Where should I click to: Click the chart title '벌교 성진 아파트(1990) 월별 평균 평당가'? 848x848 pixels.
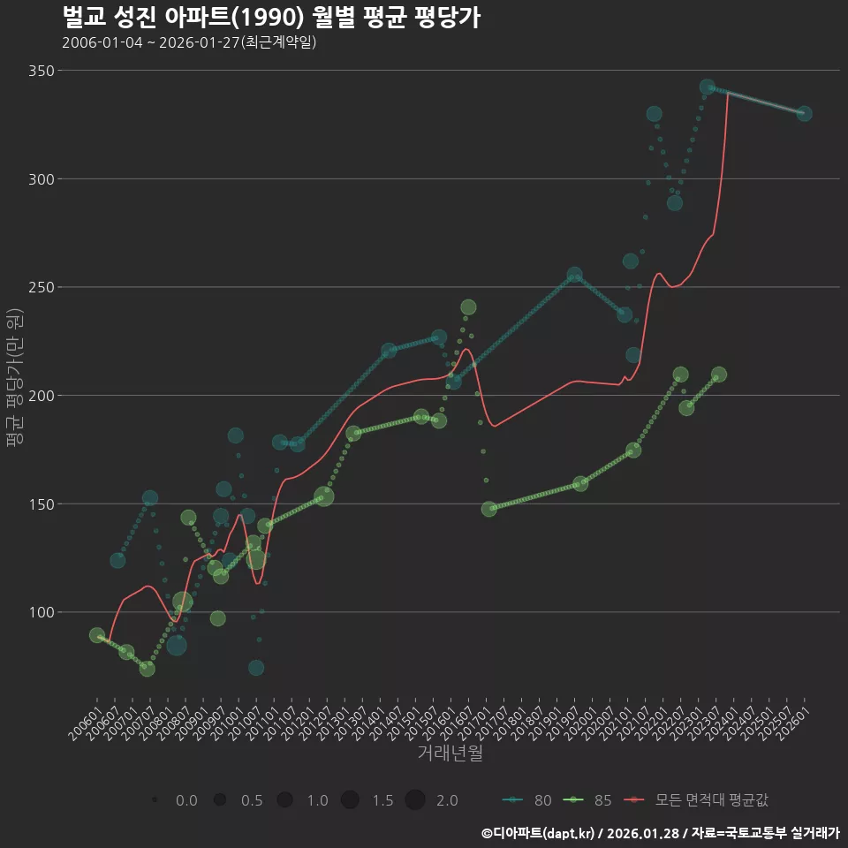(272, 17)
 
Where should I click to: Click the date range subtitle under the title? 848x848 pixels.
(189, 42)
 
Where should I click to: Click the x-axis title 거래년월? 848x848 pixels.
(450, 753)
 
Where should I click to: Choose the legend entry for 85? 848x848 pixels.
(587, 800)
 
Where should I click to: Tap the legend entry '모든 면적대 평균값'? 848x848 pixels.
(698, 800)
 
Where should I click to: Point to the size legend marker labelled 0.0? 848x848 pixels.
(155, 800)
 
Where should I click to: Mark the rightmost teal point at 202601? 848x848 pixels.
(804, 113)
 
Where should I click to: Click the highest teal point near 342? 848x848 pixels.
(708, 87)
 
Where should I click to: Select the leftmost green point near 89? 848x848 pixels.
(97, 635)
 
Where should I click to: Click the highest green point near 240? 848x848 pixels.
(468, 307)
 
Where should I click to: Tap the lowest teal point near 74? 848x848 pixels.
(256, 668)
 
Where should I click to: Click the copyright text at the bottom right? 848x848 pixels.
(661, 833)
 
